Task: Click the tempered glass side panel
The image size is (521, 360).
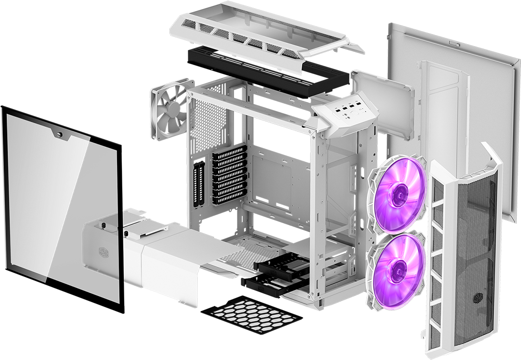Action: [x=53, y=202]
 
